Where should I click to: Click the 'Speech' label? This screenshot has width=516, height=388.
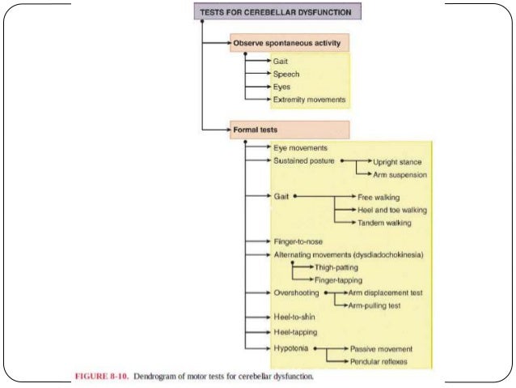(287, 74)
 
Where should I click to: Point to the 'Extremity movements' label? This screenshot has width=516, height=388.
(310, 100)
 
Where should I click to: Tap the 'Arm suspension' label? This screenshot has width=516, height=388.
(399, 174)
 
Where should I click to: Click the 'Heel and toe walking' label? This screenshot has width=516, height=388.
(392, 210)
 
